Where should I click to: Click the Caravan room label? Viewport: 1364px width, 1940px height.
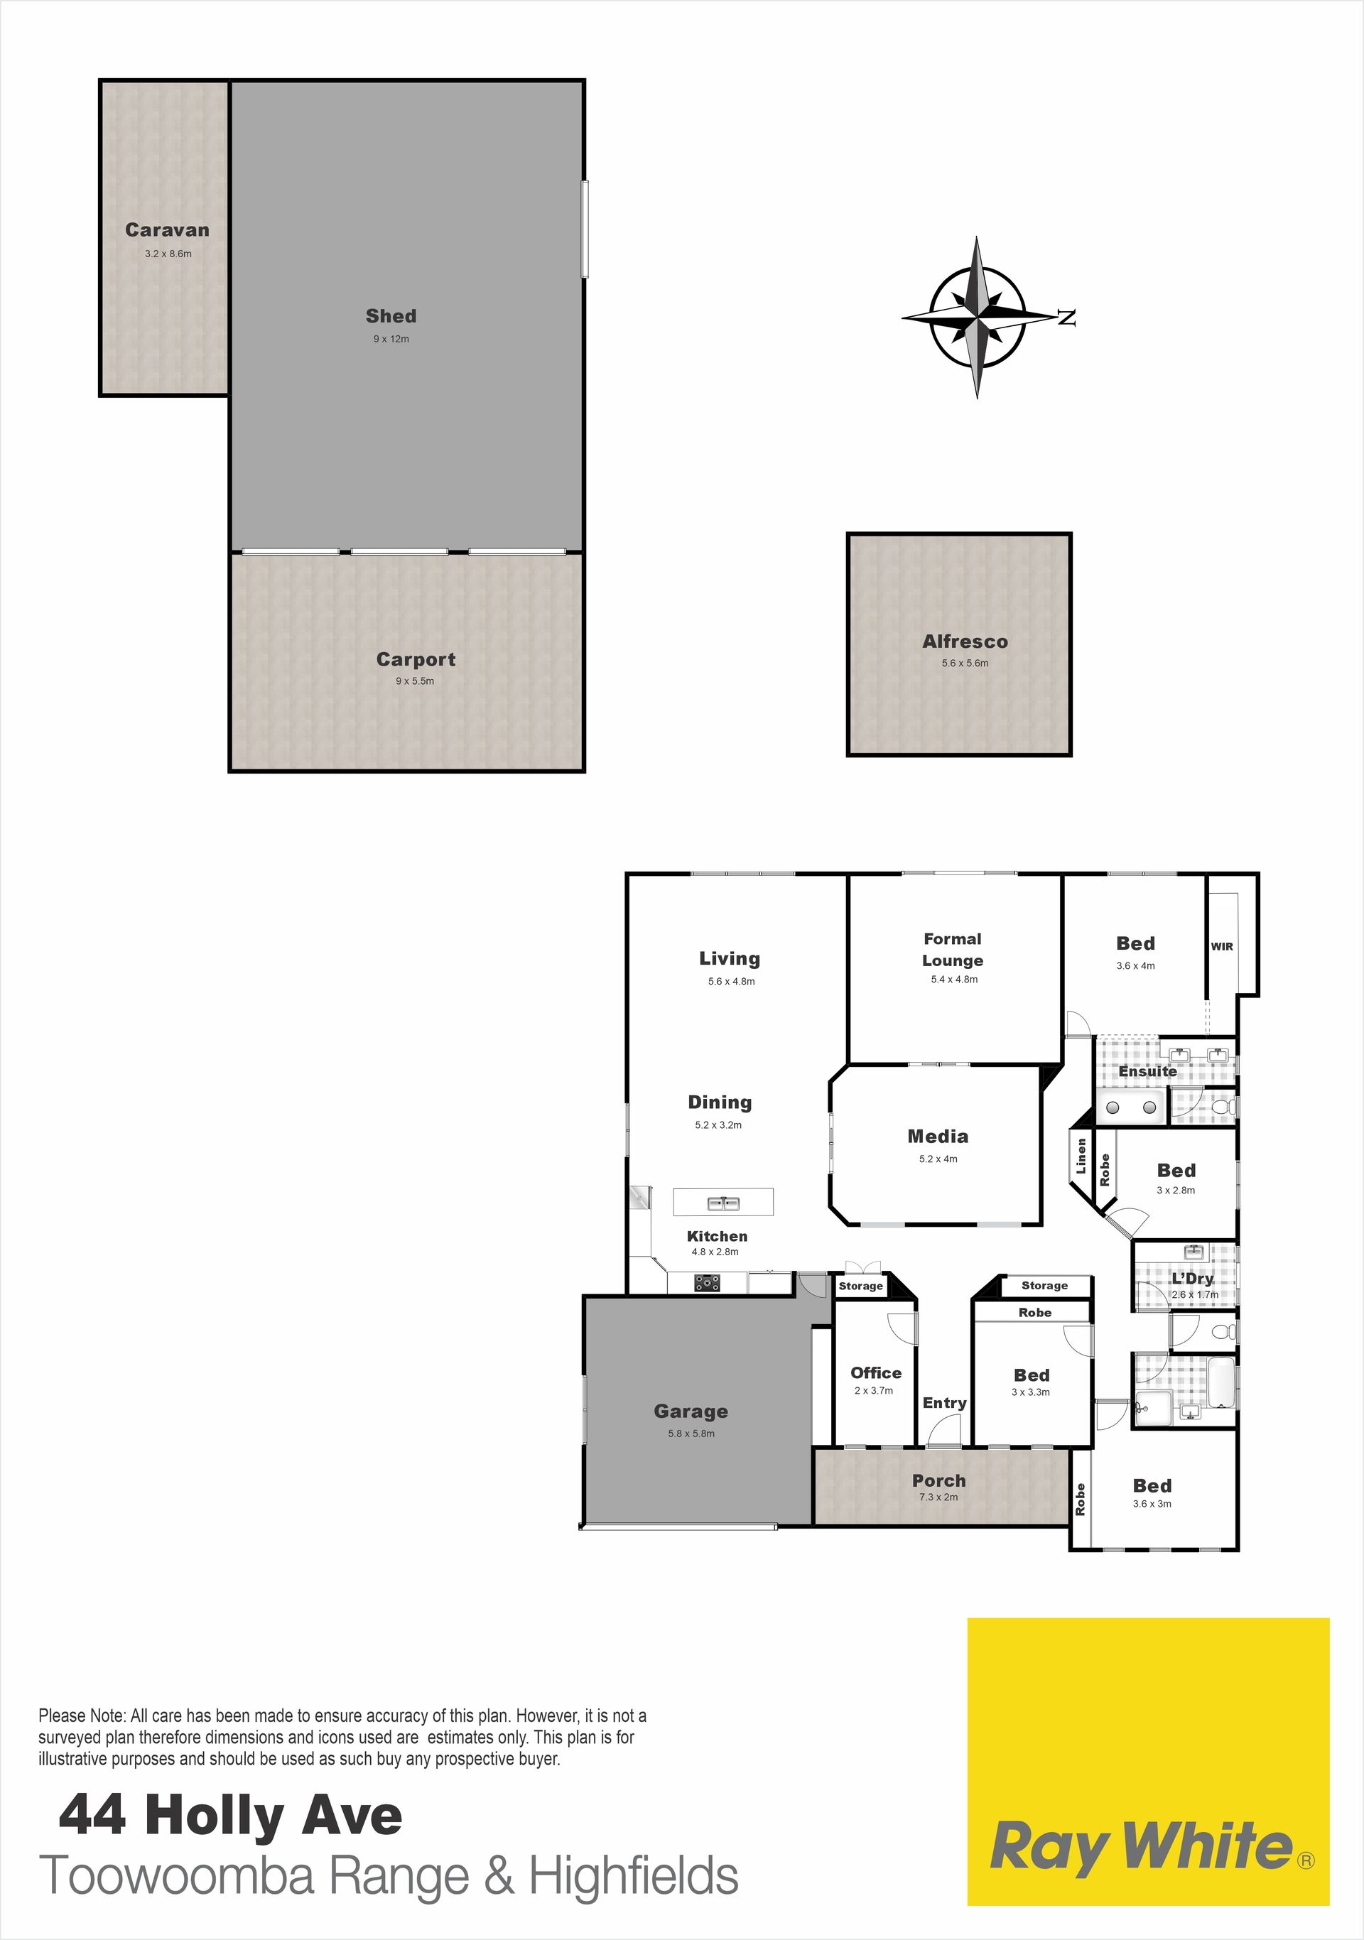point(168,230)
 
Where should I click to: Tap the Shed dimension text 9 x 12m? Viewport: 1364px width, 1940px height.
point(391,339)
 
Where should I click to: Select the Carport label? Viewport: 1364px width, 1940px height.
point(416,659)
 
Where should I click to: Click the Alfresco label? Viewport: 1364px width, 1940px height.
point(965,641)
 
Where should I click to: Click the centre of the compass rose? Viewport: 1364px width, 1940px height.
point(977,318)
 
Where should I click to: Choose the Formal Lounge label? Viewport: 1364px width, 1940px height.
point(953,950)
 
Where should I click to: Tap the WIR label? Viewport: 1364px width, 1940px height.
point(1222,946)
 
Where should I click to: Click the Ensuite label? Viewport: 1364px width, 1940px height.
point(1147,1071)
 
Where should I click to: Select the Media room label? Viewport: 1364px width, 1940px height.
point(938,1137)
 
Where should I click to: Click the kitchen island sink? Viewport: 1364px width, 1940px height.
point(723,1203)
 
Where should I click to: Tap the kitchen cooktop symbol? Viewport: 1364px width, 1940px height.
point(708,1284)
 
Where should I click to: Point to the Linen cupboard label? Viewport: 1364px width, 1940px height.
point(1081,1156)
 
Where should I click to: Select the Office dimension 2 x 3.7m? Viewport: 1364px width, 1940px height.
point(874,1390)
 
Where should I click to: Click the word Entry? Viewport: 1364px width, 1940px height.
point(945,1403)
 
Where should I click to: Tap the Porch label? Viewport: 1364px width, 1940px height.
point(939,1480)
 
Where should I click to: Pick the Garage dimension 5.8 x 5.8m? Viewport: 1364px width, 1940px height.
point(691,1433)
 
